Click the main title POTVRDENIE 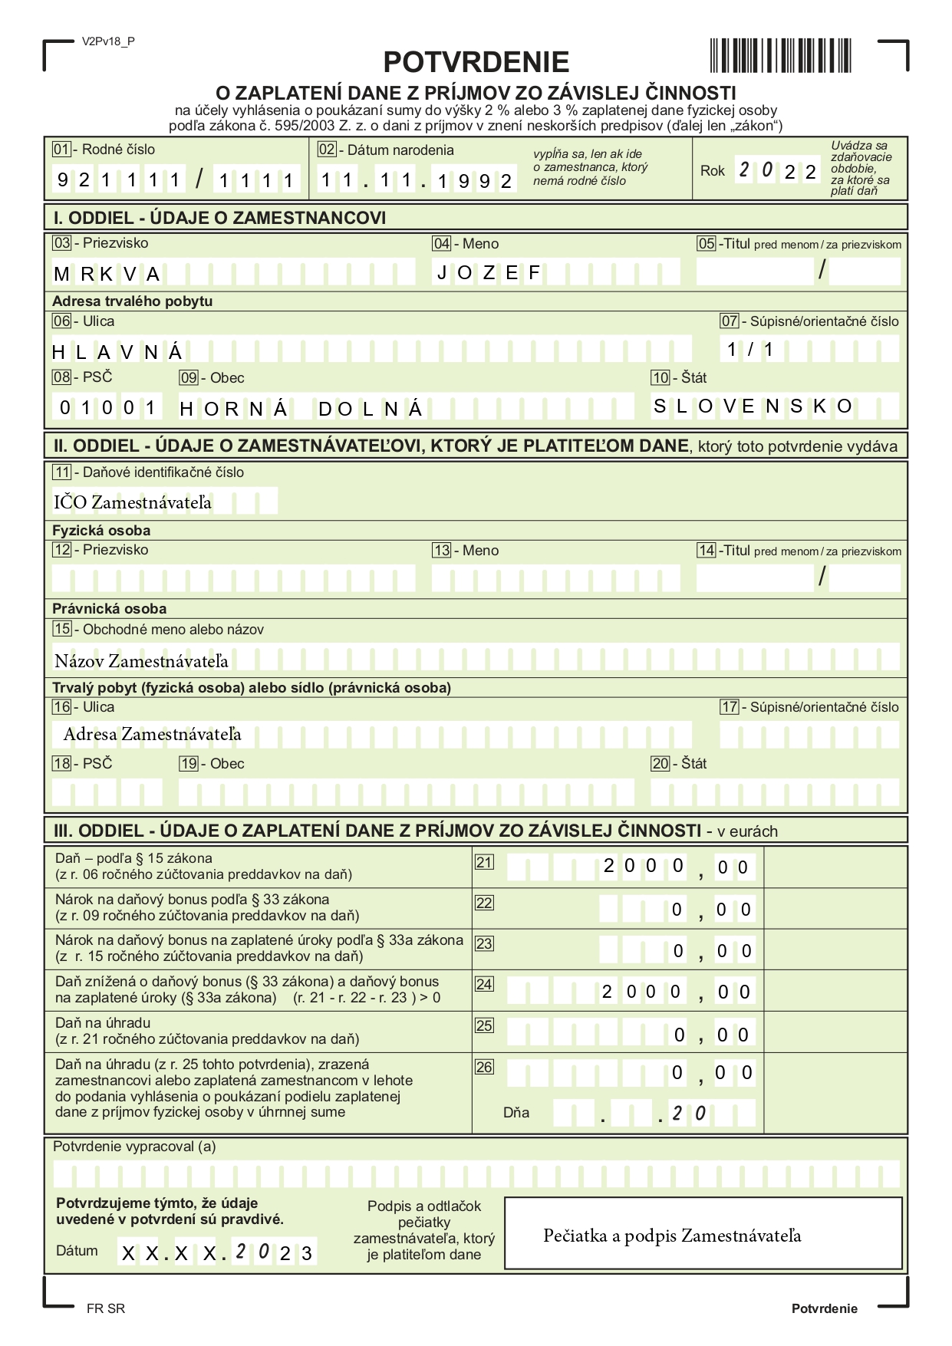coord(476,62)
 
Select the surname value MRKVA coord(107,275)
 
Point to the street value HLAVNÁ coord(117,352)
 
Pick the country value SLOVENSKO coord(752,406)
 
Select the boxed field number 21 coord(484,862)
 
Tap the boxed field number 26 coord(484,1067)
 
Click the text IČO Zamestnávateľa coord(132,503)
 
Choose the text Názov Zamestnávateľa coord(141,661)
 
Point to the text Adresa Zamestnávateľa coord(152,735)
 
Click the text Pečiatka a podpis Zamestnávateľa coord(672,1236)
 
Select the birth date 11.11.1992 coord(416,181)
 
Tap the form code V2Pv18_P coord(108,41)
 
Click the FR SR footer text coord(106,1308)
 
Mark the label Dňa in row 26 coord(516,1113)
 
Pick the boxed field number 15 coord(62,629)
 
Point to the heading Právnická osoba coord(109,609)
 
